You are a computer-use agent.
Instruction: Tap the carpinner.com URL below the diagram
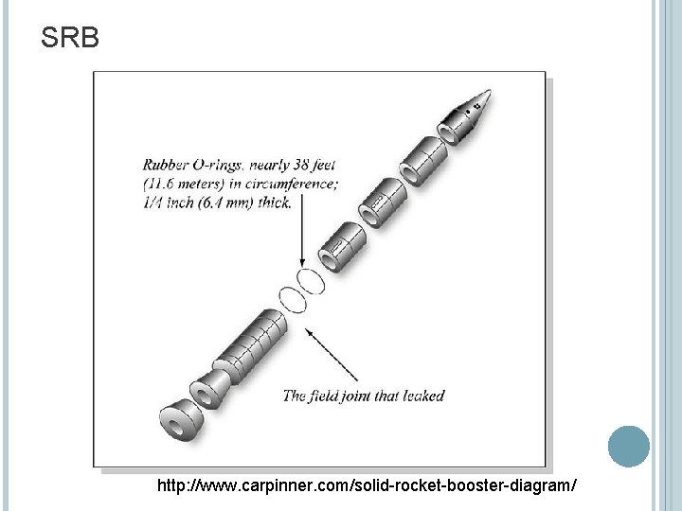367,485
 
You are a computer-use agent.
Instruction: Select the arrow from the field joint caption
339,355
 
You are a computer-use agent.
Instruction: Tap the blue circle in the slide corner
628,446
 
